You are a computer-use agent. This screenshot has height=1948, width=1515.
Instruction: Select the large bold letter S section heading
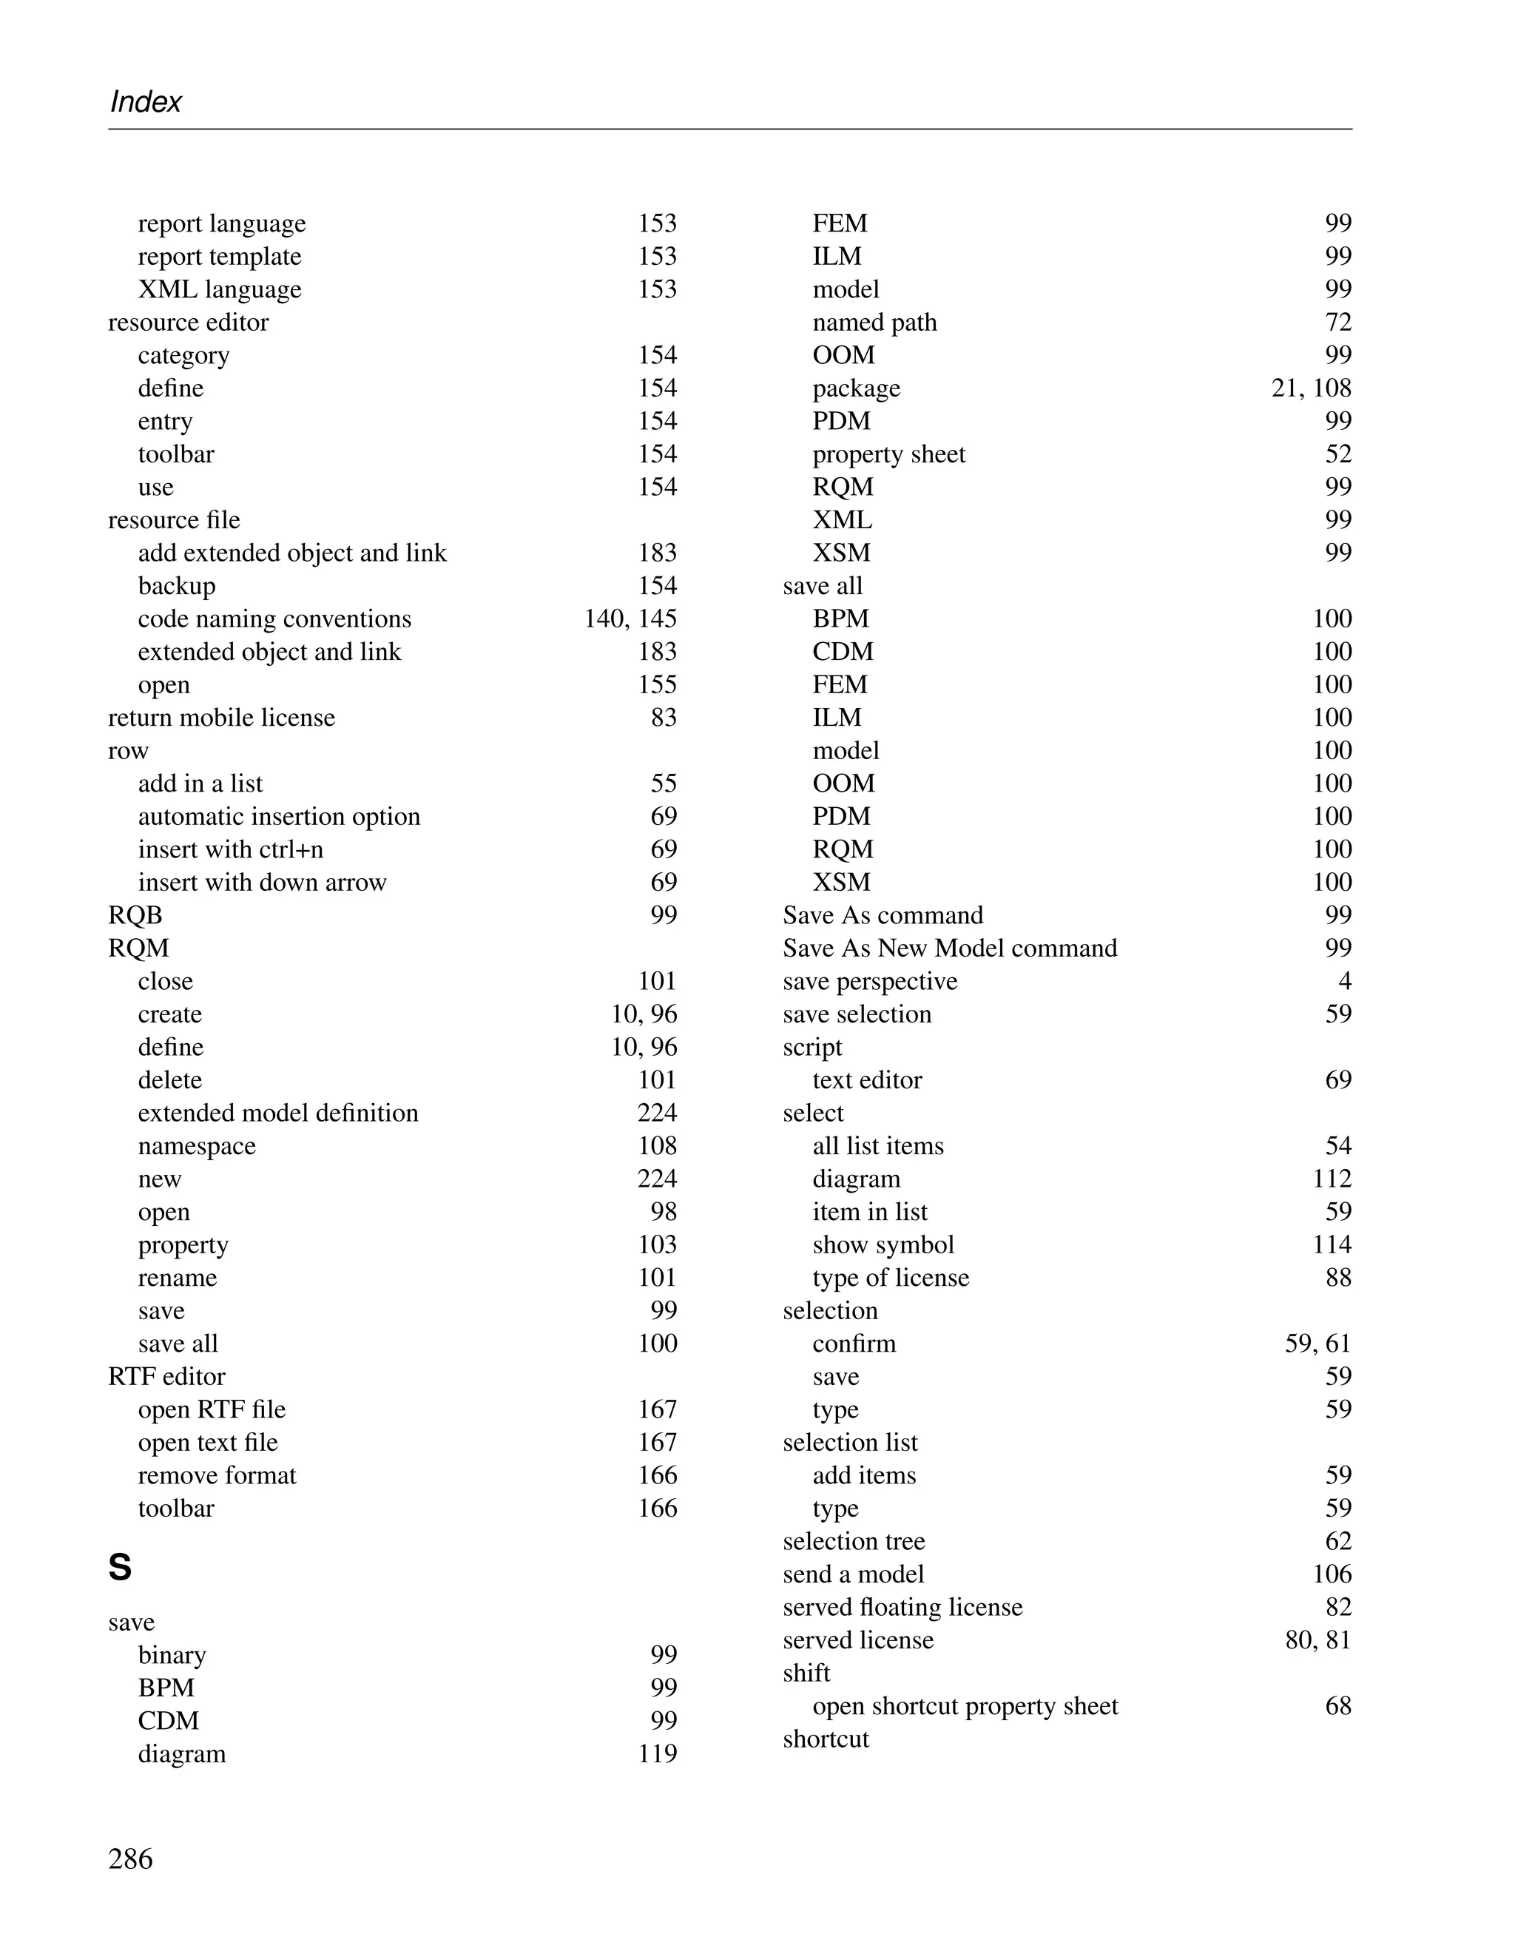click(x=121, y=1568)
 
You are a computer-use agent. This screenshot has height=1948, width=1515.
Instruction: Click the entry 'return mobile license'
click(x=221, y=718)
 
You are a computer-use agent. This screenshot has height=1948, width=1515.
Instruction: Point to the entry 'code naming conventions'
click(x=274, y=619)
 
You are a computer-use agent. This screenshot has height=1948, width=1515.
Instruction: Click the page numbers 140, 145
click(x=630, y=619)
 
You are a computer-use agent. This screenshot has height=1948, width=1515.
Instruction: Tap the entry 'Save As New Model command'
click(x=950, y=948)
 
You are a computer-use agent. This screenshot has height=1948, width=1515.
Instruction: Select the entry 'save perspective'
click(x=869, y=981)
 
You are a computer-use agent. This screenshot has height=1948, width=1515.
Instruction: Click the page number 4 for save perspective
click(x=1345, y=981)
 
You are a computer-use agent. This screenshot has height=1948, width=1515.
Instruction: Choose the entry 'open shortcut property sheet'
click(x=965, y=1706)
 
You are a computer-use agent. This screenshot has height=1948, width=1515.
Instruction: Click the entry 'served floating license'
click(x=902, y=1607)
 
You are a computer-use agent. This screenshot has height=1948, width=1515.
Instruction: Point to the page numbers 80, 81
click(x=1318, y=1640)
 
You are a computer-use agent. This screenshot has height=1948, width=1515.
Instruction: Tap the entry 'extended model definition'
click(x=278, y=1113)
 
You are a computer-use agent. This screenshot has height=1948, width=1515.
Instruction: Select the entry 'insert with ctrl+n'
click(x=231, y=849)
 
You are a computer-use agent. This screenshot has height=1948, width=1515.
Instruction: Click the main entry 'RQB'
click(x=135, y=915)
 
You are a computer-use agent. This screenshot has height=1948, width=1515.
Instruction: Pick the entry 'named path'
click(x=875, y=322)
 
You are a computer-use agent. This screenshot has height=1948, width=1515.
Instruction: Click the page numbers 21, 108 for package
click(x=1311, y=388)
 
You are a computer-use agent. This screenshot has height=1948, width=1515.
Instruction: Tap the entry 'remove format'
click(x=217, y=1475)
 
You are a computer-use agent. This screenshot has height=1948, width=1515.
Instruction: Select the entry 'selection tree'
click(x=854, y=1541)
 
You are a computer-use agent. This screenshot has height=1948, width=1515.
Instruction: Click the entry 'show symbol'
click(x=883, y=1245)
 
